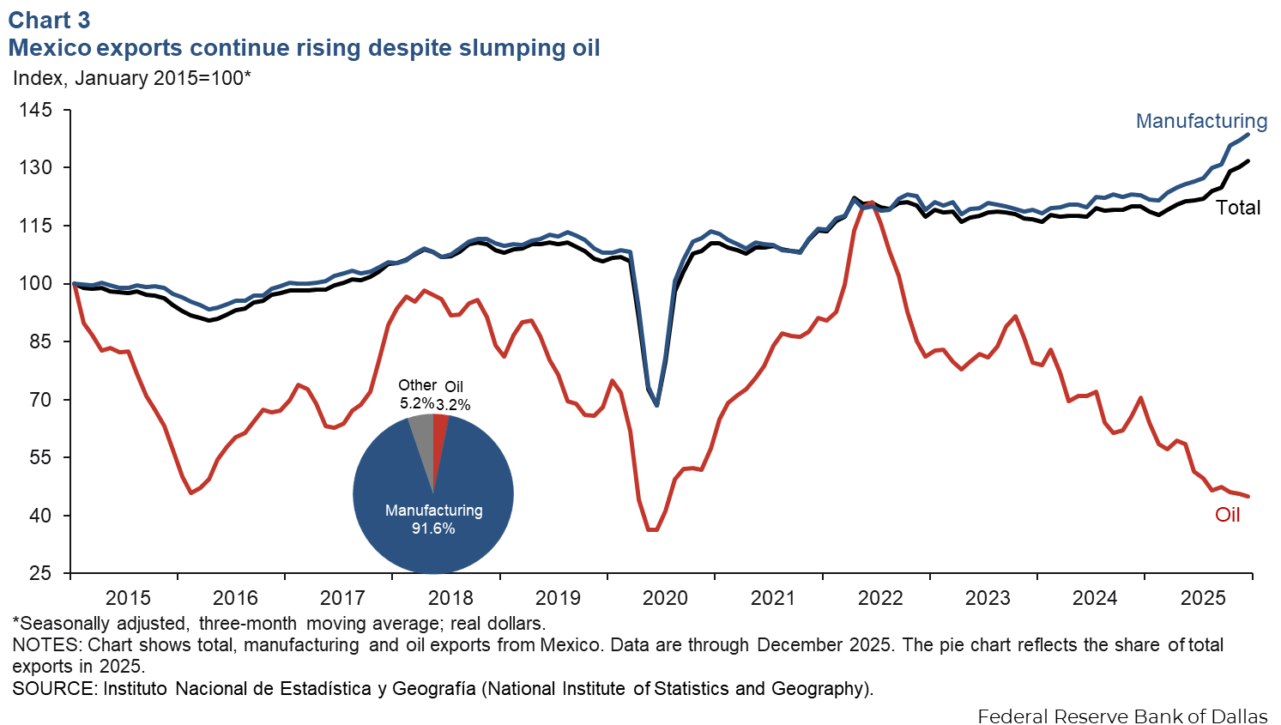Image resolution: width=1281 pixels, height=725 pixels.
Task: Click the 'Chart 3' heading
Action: pos(49,20)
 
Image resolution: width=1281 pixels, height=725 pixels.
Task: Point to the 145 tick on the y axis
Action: pos(35,110)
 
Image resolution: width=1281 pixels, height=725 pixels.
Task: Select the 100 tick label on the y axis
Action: pos(35,284)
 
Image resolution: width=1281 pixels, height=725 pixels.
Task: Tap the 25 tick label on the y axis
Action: pos(40,573)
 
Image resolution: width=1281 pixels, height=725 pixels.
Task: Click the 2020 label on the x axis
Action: pos(665,598)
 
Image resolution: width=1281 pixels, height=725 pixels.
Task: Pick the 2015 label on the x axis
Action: pos(128,598)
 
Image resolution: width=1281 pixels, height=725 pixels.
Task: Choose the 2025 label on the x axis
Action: pos(1203,598)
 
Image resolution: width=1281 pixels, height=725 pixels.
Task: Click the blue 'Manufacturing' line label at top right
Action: pos(1201,121)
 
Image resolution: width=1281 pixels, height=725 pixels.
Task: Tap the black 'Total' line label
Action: pos(1238,208)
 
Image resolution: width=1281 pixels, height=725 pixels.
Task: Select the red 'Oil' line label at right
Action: pos(1228,515)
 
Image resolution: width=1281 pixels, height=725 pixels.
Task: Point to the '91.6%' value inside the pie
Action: pos(433,529)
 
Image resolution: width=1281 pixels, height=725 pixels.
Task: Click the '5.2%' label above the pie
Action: pos(416,402)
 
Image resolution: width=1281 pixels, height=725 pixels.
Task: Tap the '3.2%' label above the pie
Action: pos(453,405)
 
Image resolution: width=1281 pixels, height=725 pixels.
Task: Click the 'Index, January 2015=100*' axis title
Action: pos(132,78)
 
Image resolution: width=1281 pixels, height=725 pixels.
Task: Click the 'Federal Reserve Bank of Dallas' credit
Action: pos(1122,716)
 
